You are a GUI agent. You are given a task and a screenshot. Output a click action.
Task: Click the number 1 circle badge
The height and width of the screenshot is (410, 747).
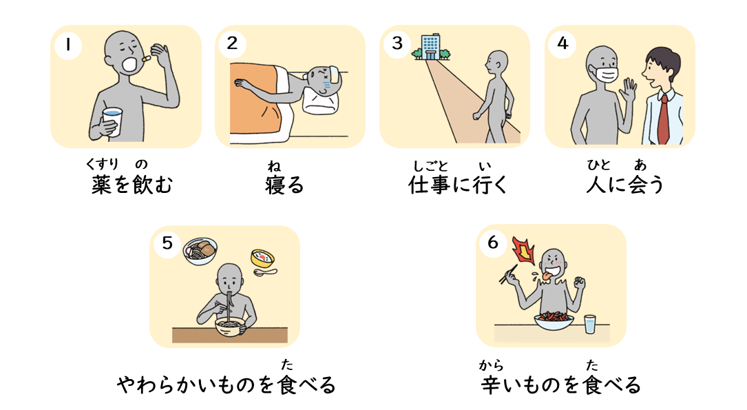coord(68,45)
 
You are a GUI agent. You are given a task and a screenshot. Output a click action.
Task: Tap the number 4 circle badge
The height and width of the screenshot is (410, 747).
coord(562,44)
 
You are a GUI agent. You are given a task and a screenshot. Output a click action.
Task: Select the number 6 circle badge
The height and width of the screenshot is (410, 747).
coord(493,243)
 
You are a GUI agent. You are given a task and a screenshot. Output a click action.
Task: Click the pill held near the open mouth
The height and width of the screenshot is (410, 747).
coord(146,59)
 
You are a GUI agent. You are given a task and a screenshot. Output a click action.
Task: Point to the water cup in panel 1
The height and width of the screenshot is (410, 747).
coord(112,121)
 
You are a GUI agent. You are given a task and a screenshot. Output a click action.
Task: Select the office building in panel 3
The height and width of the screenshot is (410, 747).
coord(431,47)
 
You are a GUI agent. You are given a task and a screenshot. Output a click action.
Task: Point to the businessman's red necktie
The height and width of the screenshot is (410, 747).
coord(663,119)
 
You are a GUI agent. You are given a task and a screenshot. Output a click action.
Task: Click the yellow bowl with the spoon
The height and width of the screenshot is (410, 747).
coord(262,258)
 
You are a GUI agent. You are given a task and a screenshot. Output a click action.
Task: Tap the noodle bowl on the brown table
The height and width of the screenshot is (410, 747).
coord(230,327)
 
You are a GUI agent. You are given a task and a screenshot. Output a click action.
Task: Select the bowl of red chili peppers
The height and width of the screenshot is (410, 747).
coord(554,320)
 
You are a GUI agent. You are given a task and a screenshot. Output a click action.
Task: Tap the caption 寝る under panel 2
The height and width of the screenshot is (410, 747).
coord(284,185)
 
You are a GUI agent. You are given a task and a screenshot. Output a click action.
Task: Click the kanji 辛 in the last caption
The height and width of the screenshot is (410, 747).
coord(491,385)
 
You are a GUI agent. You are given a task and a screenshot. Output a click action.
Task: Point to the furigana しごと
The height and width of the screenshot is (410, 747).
coord(431,166)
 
